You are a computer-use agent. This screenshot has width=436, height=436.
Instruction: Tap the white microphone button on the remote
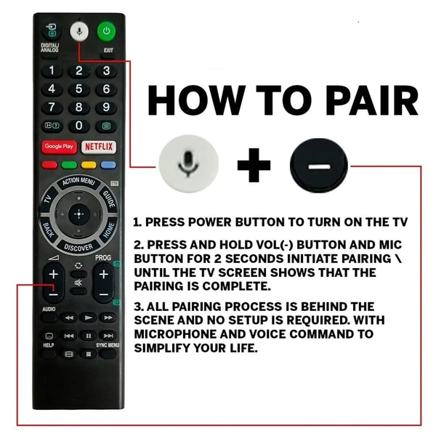click(79, 31)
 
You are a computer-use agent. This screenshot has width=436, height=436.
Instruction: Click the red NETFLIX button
click(99, 147)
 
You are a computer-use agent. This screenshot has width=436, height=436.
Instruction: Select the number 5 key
click(79, 89)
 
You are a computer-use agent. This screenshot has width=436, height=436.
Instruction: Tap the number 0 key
click(79, 126)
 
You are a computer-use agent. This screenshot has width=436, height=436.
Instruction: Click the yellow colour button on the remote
click(89, 165)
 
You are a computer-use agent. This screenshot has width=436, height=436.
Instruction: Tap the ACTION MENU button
click(78, 182)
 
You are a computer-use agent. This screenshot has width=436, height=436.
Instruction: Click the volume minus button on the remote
click(53, 294)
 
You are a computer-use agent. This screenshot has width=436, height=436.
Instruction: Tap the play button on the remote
click(88, 318)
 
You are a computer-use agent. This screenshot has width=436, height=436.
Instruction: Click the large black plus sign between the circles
click(254, 165)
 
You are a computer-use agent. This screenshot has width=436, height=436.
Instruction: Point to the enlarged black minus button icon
click(319, 166)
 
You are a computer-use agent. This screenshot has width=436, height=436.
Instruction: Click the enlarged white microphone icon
click(188, 163)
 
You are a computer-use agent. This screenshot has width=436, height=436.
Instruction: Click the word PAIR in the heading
click(371, 100)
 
